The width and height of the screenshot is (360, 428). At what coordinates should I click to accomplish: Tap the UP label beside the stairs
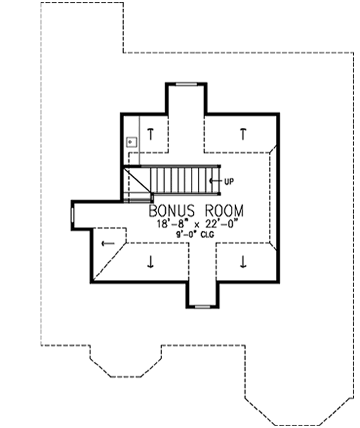pyautogui.click(x=228, y=180)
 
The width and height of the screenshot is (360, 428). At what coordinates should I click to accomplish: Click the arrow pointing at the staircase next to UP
pyautogui.click(x=214, y=180)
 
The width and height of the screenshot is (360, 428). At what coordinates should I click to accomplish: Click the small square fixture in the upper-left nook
pyautogui.click(x=131, y=140)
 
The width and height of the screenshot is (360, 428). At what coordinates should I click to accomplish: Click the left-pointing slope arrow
pyautogui.click(x=106, y=244)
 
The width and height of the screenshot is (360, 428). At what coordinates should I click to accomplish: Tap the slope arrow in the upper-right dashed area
pyautogui.click(x=243, y=134)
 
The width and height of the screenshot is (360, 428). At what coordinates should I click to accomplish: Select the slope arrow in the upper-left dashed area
pyautogui.click(x=151, y=134)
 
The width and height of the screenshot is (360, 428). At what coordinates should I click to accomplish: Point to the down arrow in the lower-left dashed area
pyautogui.click(x=151, y=263)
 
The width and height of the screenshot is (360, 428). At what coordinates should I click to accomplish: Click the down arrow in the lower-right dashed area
pyautogui.click(x=243, y=263)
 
